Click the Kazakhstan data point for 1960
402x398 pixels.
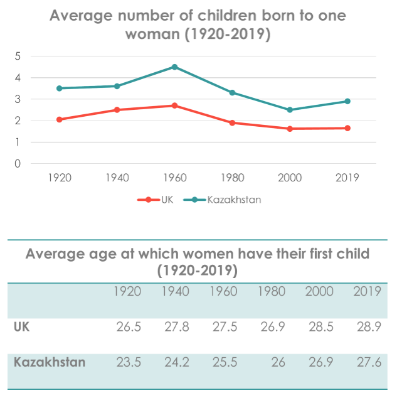tap(174, 67)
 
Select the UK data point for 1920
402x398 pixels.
tap(60, 119)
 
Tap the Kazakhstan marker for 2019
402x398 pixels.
tap(347, 101)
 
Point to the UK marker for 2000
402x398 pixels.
tap(290, 129)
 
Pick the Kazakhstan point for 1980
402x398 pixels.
tap(232, 92)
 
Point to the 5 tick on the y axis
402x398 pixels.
tap(18, 56)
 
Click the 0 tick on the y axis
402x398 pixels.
tap(18, 164)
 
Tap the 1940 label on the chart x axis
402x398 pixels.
tap(117, 178)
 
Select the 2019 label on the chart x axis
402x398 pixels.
tap(347, 178)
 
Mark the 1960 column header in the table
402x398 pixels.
tap(223, 291)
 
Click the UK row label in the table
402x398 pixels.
tap(21, 327)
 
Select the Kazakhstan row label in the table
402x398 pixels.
tap(50, 362)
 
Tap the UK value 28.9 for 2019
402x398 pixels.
tap(368, 327)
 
